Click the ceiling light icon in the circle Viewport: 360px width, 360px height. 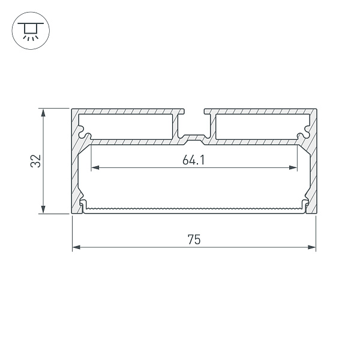point(28,29)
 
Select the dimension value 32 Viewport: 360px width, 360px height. point(35,161)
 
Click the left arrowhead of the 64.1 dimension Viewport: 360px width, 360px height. point(94,167)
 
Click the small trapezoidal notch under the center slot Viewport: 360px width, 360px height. point(194,139)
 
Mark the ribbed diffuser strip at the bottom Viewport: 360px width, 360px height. point(194,209)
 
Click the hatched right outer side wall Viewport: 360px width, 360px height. point(313,174)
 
